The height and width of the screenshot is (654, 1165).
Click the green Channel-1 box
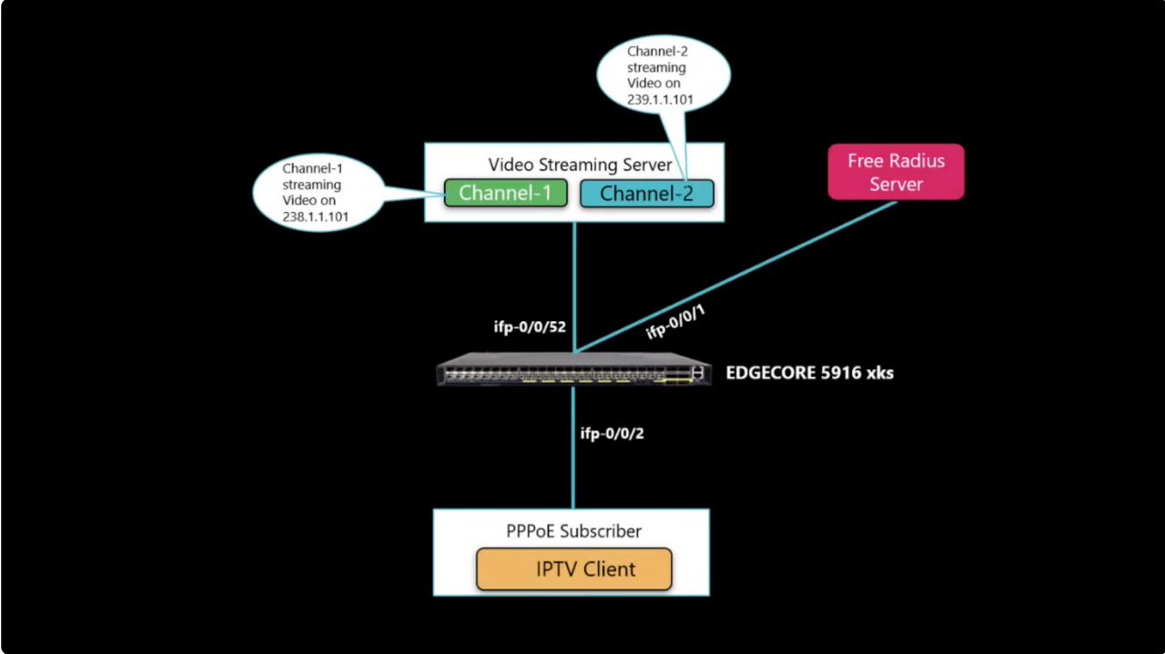point(505,193)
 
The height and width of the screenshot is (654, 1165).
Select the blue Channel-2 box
point(646,193)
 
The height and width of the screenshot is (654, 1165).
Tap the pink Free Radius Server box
point(896,173)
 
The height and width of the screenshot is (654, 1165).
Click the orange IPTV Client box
point(573,569)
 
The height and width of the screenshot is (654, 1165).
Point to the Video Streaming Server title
point(580,165)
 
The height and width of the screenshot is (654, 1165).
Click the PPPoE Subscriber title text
point(573,531)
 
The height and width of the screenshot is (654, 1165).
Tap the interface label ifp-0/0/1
point(675,321)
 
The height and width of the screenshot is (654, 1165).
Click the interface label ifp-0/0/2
point(612,433)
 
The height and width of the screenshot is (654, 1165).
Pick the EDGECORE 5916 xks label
point(809,372)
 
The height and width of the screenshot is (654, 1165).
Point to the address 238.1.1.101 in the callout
point(316,217)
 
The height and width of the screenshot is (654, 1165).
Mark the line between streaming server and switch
point(574,282)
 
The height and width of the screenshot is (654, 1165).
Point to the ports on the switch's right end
point(695,373)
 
